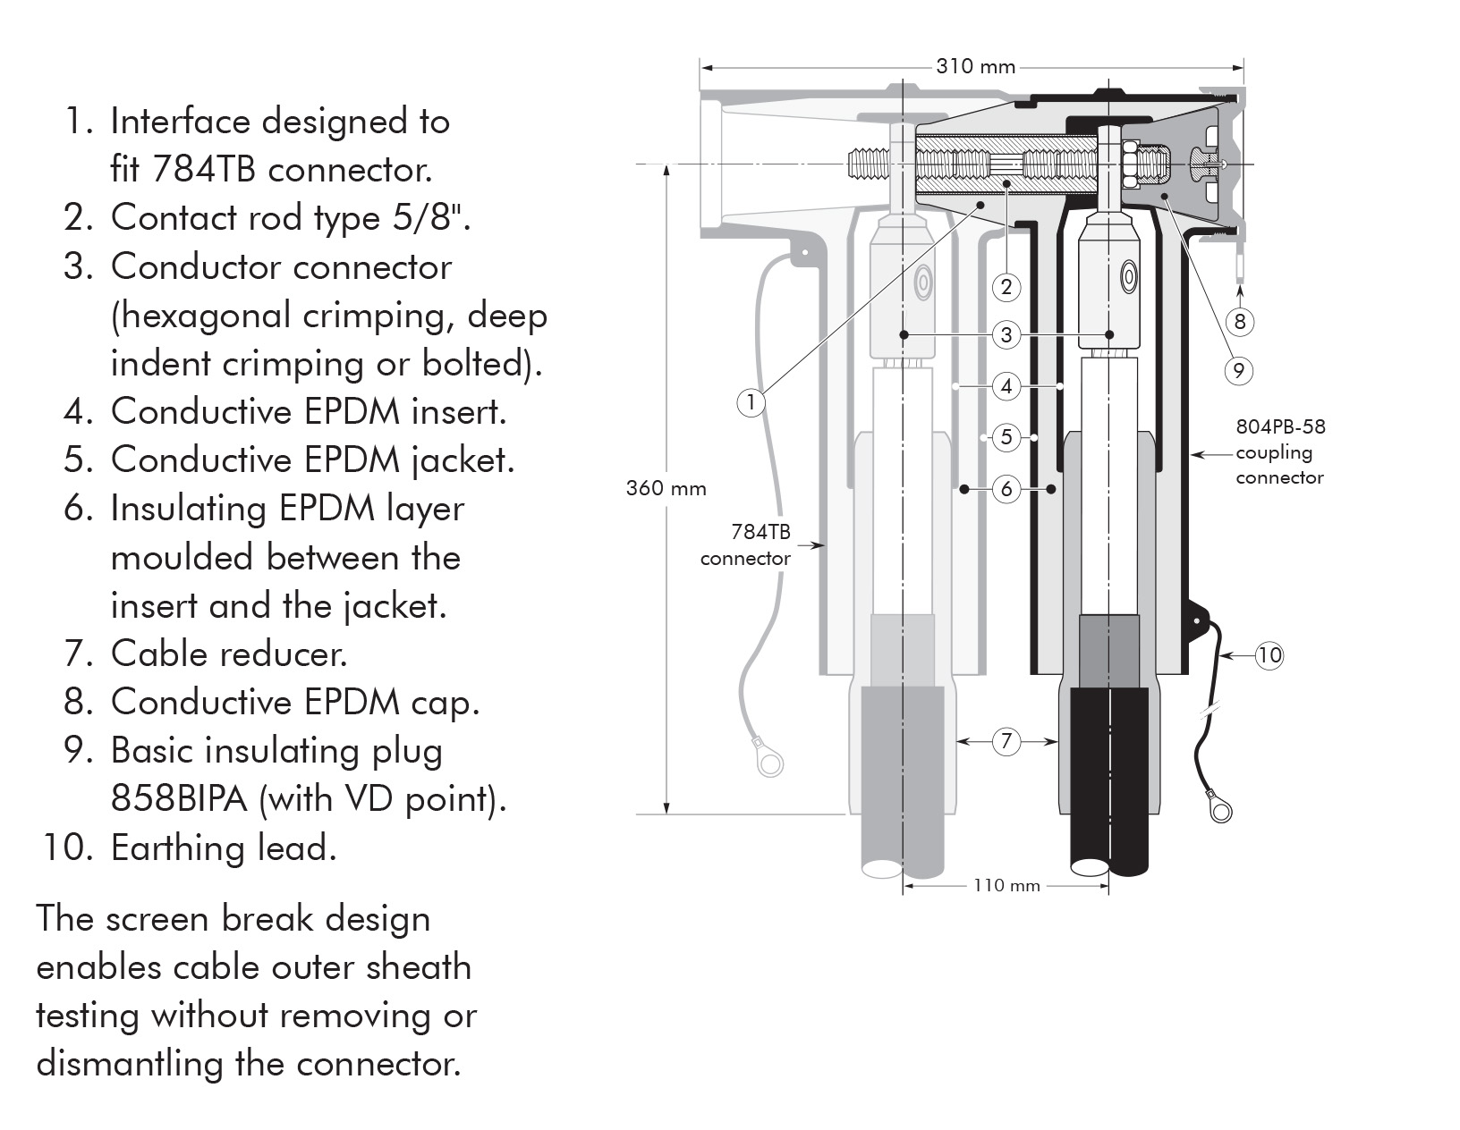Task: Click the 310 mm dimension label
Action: point(976,66)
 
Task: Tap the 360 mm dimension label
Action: point(666,488)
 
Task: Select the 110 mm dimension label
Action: point(1006,885)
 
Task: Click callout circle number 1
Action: point(751,402)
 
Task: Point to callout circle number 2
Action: point(1006,287)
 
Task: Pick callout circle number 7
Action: point(1006,741)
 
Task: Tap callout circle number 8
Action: point(1239,322)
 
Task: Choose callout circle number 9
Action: point(1238,370)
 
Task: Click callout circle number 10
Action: point(1269,655)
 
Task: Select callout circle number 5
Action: point(1006,437)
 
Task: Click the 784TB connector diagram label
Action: point(746,545)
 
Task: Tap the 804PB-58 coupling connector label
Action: point(1280,451)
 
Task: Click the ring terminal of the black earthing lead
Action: point(1218,808)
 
